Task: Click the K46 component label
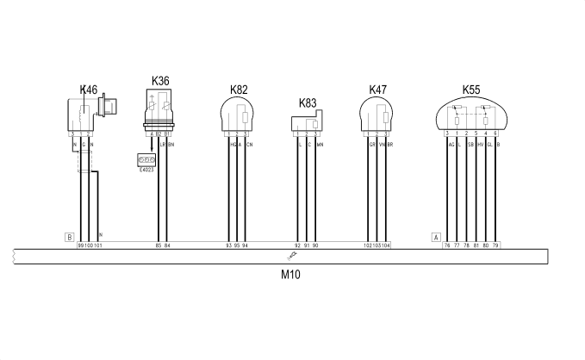pos(89,90)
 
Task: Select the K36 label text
pos(160,81)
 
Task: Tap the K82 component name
pos(239,90)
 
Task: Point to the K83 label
pos(308,102)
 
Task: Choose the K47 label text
pos(377,90)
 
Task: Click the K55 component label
pos(471,90)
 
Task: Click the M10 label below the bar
pos(290,276)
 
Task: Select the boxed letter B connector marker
pos(69,236)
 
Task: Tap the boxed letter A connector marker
pos(436,236)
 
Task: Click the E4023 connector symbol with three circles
pos(146,160)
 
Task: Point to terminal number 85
pos(158,245)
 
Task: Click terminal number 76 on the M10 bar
pos(447,245)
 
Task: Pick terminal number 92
pos(298,245)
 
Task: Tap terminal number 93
pos(228,245)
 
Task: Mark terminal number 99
pos(80,245)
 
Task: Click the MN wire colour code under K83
pos(319,144)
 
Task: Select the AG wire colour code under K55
pos(451,144)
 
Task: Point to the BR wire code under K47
pos(389,144)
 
